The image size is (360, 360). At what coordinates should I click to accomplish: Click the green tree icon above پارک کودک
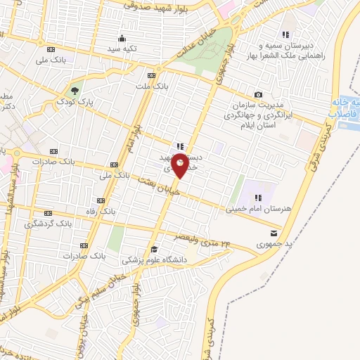coord(74,90)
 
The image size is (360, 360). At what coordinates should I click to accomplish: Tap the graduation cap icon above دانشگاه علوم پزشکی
coord(154,249)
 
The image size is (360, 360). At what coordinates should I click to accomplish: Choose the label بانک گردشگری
coord(49,224)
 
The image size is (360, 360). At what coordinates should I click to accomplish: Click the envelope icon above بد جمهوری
coord(274,233)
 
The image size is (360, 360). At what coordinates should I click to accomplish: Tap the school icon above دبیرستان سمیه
coord(285,34)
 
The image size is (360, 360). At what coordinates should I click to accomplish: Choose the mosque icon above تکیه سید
coord(122,39)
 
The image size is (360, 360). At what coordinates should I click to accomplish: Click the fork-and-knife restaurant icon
coord(181,146)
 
